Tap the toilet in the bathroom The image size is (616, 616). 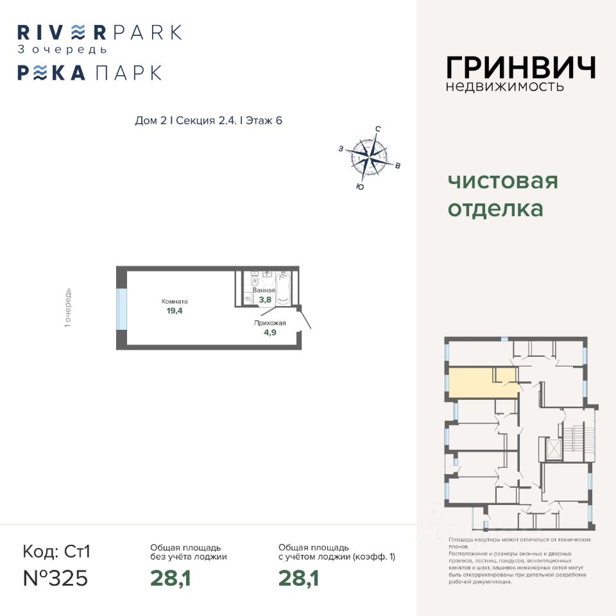tap(255, 280)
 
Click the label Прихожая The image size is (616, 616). tap(269, 323)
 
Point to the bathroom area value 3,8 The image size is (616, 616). tap(265, 298)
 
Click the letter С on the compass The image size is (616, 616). tap(378, 129)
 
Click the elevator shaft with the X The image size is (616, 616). tap(552, 448)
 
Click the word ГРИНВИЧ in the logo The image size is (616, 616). tap(520, 67)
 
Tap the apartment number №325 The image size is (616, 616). tap(55, 577)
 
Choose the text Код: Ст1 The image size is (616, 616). tap(57, 551)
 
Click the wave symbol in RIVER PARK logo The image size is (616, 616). tap(77, 32)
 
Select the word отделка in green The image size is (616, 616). tap(495, 209)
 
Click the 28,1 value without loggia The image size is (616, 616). tap(171, 578)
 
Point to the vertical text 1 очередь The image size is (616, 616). tap(68, 309)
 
